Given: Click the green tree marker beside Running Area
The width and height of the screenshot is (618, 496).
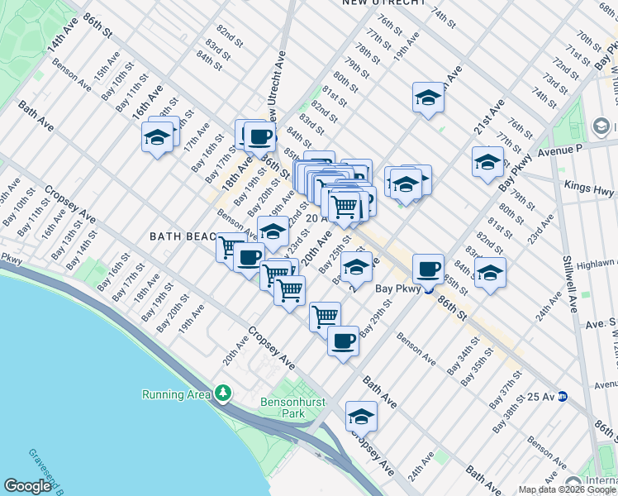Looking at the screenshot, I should [x=221, y=393].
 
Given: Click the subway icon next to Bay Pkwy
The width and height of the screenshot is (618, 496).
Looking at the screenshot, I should [x=429, y=289].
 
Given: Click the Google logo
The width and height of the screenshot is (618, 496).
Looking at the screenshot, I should [x=28, y=485].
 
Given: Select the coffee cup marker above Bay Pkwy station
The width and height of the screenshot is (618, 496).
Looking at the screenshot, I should [x=428, y=268].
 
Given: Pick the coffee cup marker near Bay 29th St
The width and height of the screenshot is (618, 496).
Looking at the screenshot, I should [x=343, y=340].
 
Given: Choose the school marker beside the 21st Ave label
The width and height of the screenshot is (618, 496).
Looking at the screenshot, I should [x=487, y=161].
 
